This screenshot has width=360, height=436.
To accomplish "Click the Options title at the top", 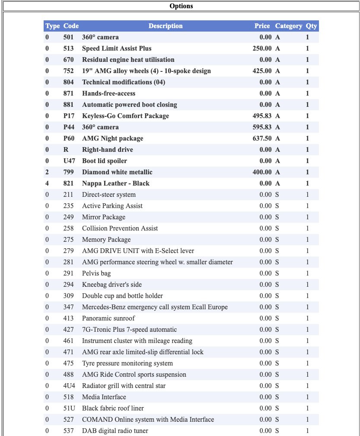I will tap(181, 6).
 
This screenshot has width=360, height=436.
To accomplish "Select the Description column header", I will tap(166, 26).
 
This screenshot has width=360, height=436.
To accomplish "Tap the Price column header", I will tap(262, 26).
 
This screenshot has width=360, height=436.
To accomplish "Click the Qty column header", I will tap(311, 26).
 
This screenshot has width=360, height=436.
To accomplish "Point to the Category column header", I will tap(288, 26).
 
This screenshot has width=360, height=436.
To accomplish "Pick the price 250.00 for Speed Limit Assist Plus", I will tap(262, 48).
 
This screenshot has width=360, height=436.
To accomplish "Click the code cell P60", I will tap(69, 138).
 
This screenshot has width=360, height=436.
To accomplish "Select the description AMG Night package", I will tap(112, 138).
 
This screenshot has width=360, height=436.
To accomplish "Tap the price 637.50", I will tap(262, 138).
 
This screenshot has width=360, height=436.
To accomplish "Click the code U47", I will tap(69, 161).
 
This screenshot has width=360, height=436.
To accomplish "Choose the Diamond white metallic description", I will tap(117, 172).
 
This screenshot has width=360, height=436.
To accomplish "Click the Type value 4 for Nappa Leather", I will tap(48, 183).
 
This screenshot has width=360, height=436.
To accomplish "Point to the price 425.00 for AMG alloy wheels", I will tap(262, 71).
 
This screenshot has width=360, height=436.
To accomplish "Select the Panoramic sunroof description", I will tap(108, 318).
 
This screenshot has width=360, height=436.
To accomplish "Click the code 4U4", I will tap(69, 386).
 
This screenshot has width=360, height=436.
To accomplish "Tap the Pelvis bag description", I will tap(96, 273).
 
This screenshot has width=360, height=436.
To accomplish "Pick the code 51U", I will tap(69, 408).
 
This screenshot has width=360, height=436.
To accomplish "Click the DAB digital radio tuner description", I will tap(115, 431).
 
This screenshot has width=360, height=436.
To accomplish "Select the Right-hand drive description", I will tap(108, 150).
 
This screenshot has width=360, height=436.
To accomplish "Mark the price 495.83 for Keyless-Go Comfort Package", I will tap(262, 116).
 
